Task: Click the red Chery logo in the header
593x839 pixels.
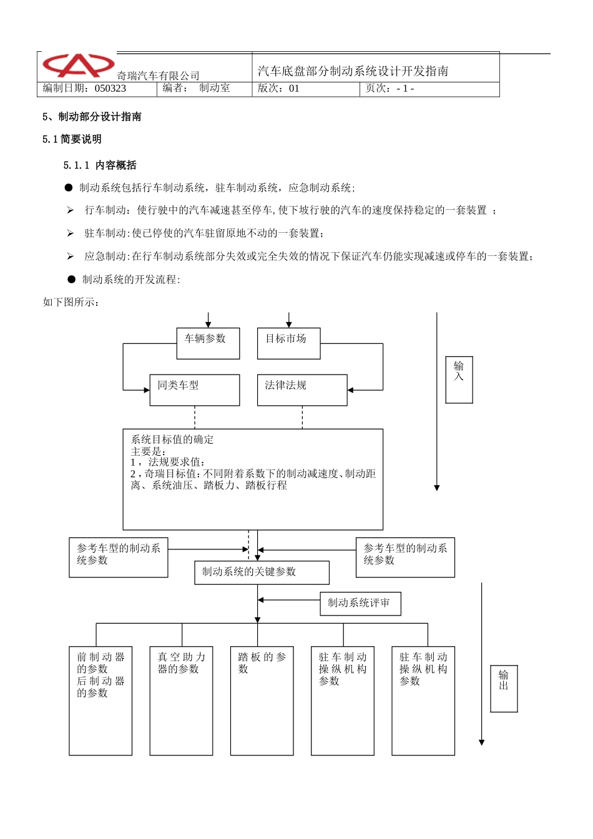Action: [x=78, y=65]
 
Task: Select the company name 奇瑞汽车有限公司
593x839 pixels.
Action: [x=158, y=76]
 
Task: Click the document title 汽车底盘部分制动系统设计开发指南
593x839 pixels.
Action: [x=353, y=71]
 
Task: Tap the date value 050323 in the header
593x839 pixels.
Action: [x=110, y=89]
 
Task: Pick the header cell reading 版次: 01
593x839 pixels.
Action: [x=279, y=89]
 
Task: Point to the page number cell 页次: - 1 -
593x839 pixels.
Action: [x=390, y=89]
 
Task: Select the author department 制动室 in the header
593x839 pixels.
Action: [x=215, y=89]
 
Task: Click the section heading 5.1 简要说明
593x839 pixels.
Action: [x=72, y=139]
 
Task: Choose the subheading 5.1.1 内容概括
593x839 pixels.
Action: [x=100, y=165]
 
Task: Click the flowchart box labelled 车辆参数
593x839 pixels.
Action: [x=208, y=343]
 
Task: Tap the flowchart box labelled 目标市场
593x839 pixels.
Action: [x=288, y=343]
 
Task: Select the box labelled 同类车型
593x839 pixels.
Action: [x=194, y=390]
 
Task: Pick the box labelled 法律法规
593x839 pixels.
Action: [x=302, y=390]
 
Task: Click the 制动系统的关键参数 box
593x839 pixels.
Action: [x=262, y=572]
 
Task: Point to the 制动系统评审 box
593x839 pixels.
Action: [x=360, y=604]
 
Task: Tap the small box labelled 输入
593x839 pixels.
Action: [x=459, y=380]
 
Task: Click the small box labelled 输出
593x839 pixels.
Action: [x=504, y=689]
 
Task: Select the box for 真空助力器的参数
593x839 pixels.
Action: [x=181, y=700]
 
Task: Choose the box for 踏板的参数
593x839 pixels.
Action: [x=262, y=700]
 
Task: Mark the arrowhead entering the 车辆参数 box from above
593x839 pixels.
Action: [x=208, y=325]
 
